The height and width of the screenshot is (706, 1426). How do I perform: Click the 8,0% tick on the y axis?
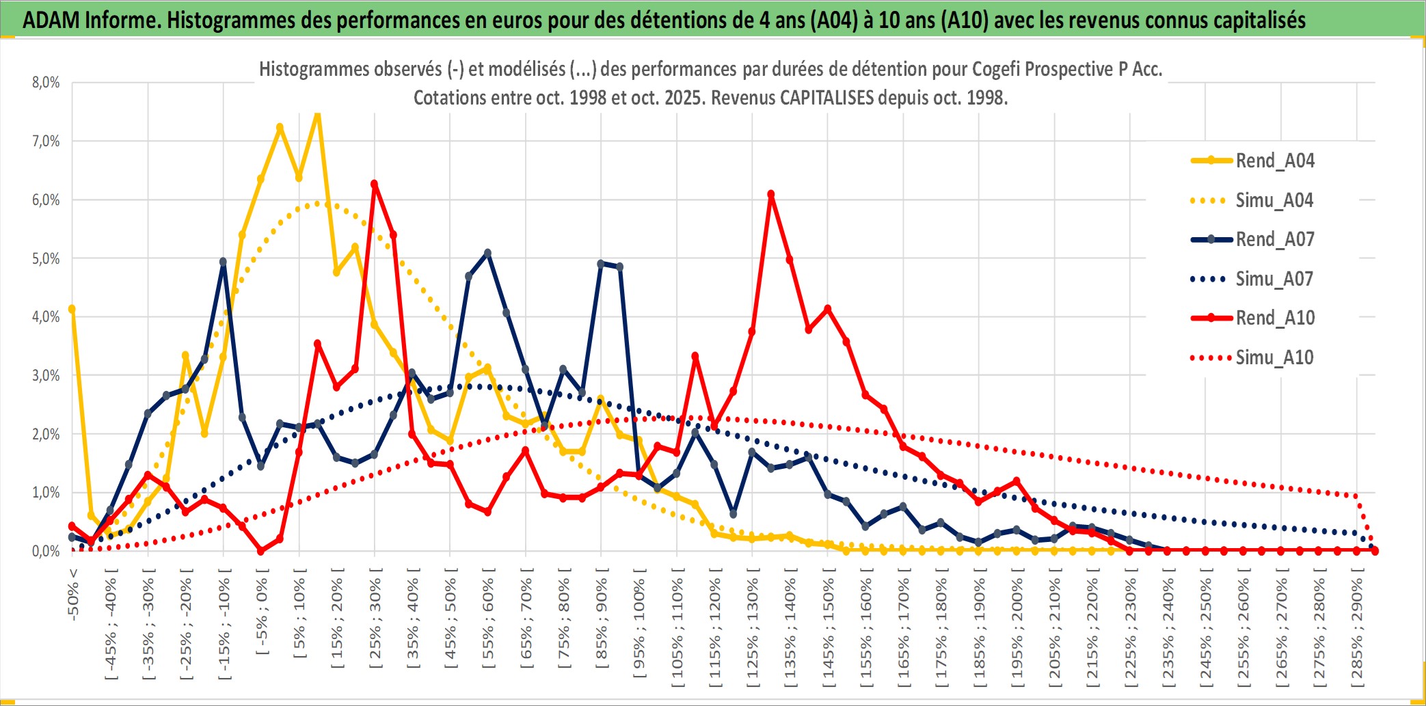pyautogui.click(x=46, y=83)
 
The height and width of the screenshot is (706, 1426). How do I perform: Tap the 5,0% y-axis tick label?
pyautogui.click(x=46, y=258)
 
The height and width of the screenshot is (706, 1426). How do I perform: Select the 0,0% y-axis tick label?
pyautogui.click(x=46, y=551)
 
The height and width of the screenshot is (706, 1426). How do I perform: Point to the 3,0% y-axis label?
pyautogui.click(x=46, y=375)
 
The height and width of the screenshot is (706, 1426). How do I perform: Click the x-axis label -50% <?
pyautogui.click(x=73, y=594)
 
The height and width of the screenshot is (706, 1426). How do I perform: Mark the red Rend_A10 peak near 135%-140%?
pyautogui.click(x=771, y=195)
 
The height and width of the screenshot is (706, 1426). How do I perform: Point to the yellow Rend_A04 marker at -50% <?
pyautogui.click(x=72, y=309)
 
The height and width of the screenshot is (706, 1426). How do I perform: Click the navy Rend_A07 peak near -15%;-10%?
pyautogui.click(x=224, y=262)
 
